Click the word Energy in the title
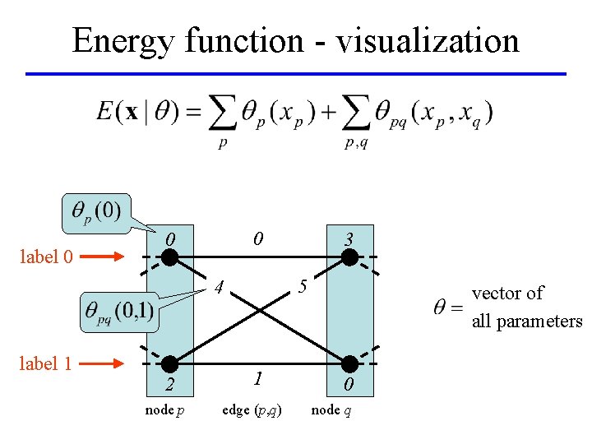(x=124, y=41)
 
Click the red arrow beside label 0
(x=106, y=257)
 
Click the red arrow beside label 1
(x=106, y=363)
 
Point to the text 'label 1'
(x=44, y=363)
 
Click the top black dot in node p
(x=169, y=257)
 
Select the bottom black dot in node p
(x=169, y=363)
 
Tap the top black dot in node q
(x=350, y=257)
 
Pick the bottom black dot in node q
(x=350, y=363)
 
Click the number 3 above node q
(x=349, y=240)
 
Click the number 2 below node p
(x=169, y=386)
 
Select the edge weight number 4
(x=218, y=289)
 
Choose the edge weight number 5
(x=303, y=288)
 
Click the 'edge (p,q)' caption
(x=252, y=410)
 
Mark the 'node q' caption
(x=331, y=410)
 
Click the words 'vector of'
(x=507, y=294)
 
